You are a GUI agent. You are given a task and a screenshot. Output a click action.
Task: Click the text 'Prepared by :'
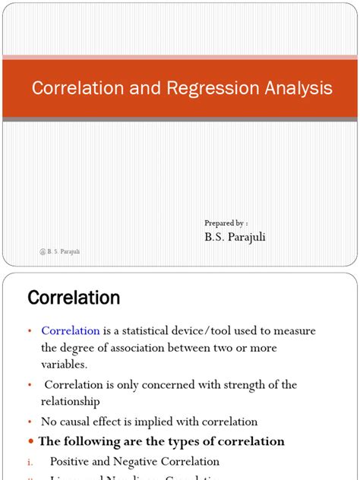tap(226, 223)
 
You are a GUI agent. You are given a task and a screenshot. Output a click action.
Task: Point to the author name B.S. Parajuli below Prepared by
tap(235, 237)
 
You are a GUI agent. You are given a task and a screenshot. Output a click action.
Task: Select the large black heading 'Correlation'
tap(74, 298)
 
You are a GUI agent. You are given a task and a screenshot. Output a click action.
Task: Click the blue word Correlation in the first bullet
tap(71, 331)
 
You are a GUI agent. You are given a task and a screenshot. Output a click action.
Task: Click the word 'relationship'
tap(71, 401)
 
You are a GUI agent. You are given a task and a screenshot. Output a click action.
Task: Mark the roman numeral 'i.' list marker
tap(30, 461)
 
